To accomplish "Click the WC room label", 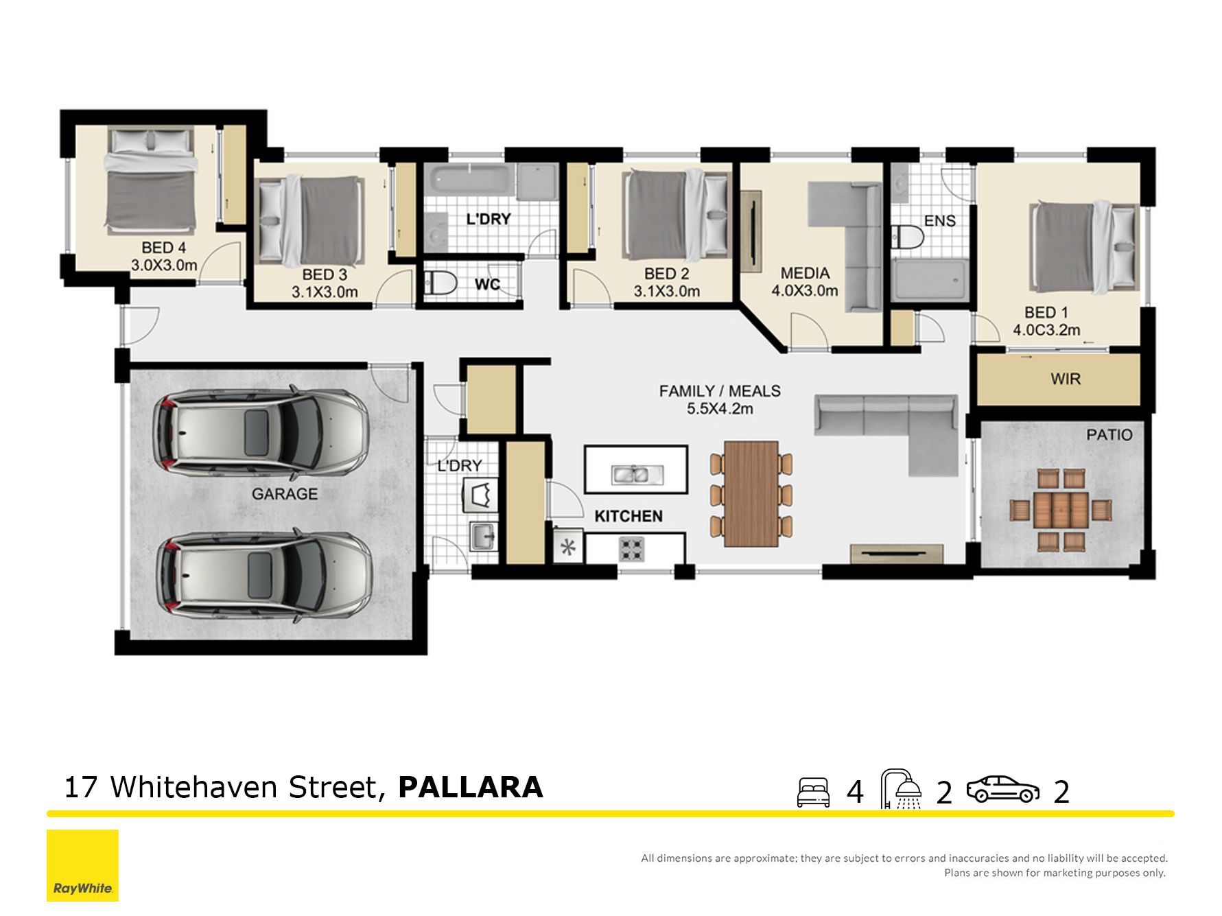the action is pyautogui.click(x=487, y=284).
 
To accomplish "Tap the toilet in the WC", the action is pyautogui.click(x=440, y=283).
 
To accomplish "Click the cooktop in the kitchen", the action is pyautogui.click(x=632, y=548).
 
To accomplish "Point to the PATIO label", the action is pyautogui.click(x=1109, y=435).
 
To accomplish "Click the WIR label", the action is pyautogui.click(x=1065, y=379).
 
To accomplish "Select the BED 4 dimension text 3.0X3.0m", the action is pyautogui.click(x=164, y=265).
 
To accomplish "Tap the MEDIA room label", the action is pyautogui.click(x=805, y=273).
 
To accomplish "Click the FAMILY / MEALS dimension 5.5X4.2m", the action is pyautogui.click(x=720, y=409).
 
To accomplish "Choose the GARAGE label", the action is pyautogui.click(x=285, y=494).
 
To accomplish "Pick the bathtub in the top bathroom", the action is pyautogui.click(x=470, y=179).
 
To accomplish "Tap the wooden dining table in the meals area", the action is pyautogui.click(x=751, y=493).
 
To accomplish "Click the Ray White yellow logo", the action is pyautogui.click(x=82, y=865).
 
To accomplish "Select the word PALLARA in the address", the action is pyautogui.click(x=471, y=787).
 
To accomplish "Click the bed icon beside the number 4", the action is pyautogui.click(x=813, y=792).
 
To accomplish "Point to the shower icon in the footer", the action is pyautogui.click(x=901, y=789).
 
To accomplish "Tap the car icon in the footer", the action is pyautogui.click(x=1002, y=789).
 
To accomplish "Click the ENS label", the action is pyautogui.click(x=939, y=221).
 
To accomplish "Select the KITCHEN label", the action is pyautogui.click(x=628, y=516).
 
